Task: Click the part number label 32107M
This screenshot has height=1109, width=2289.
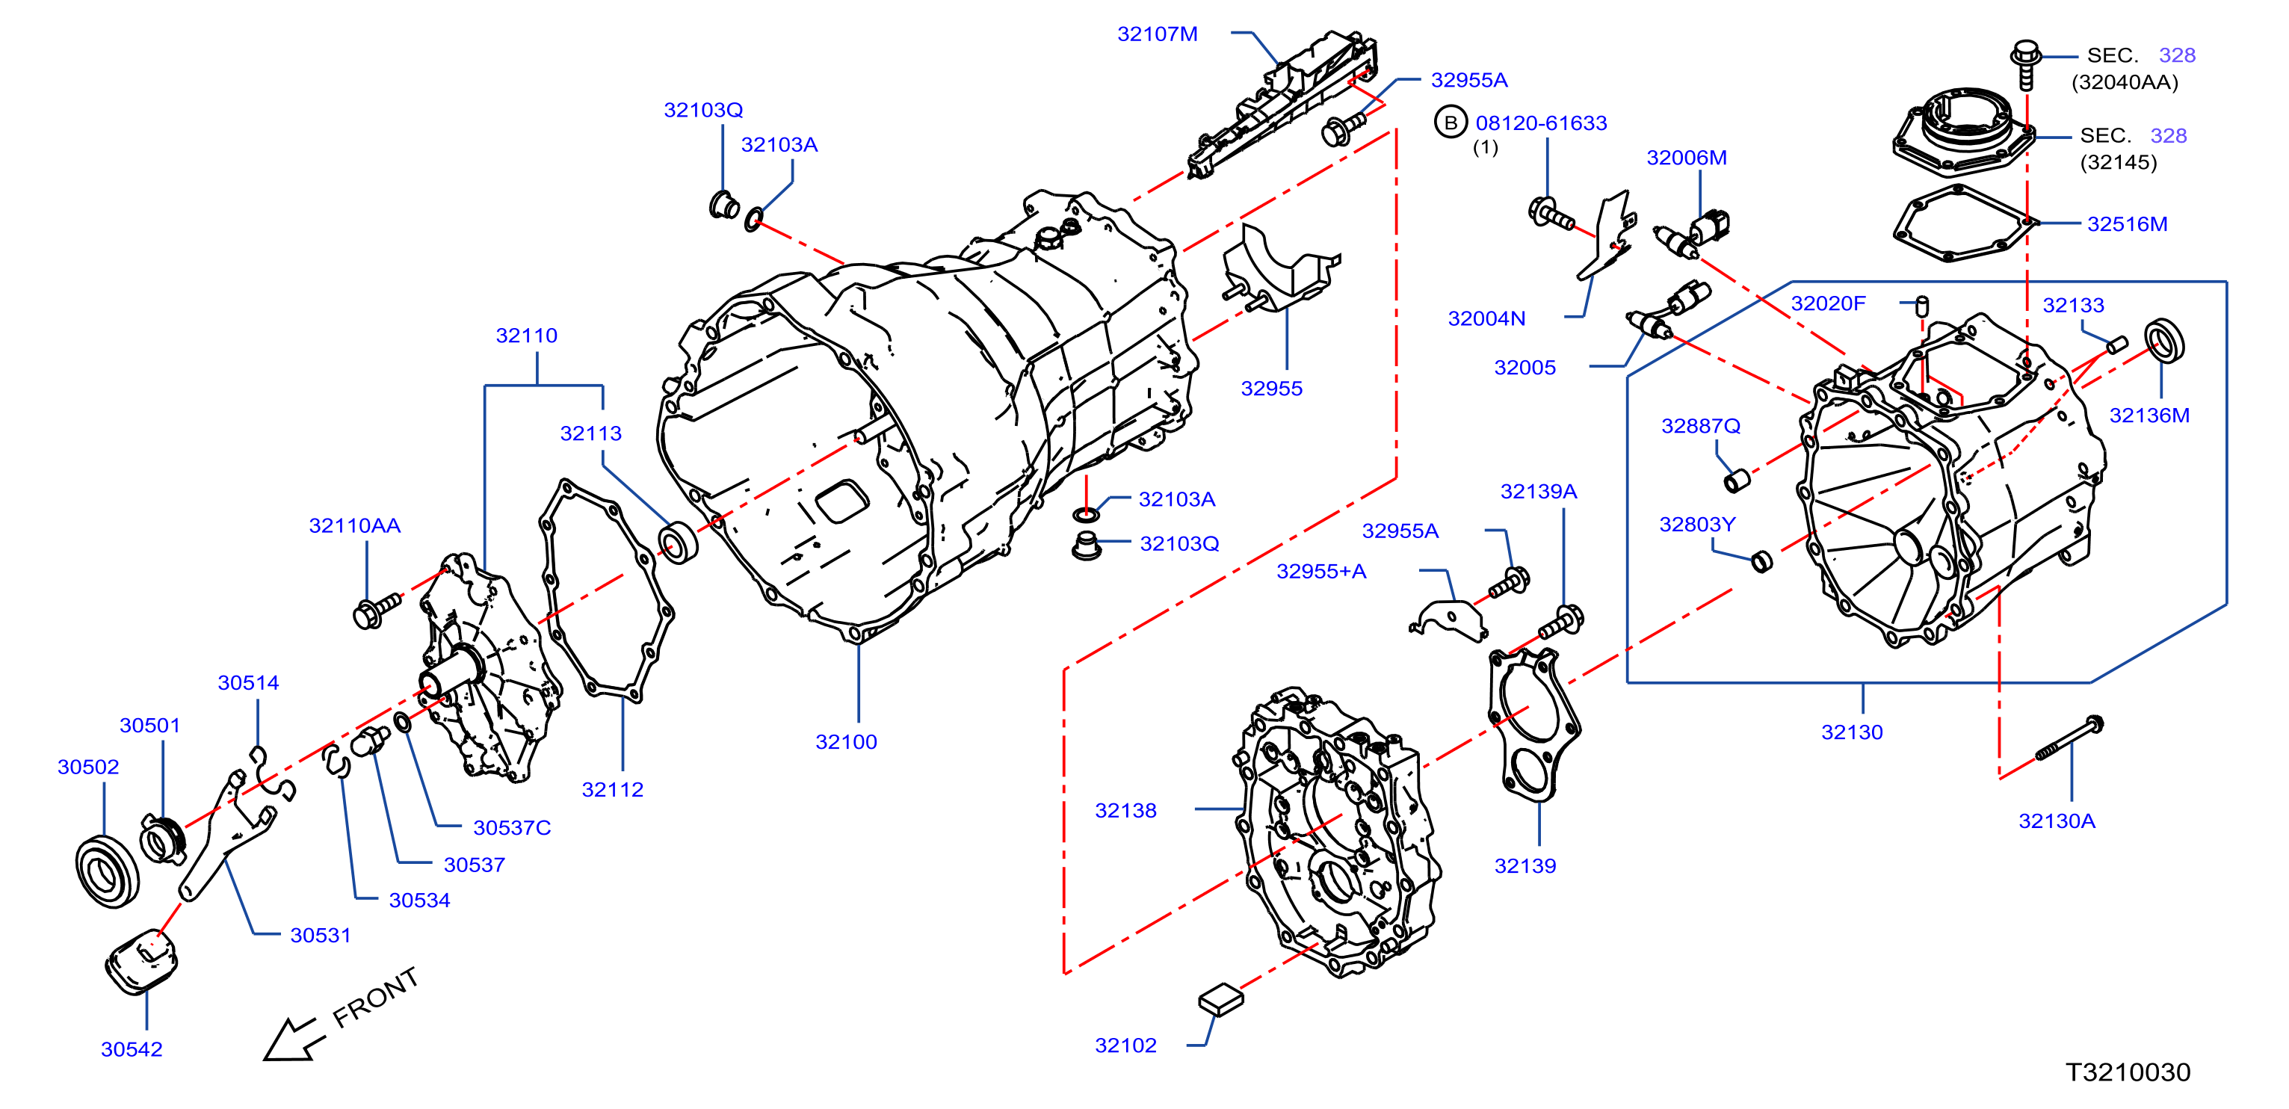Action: click(x=1157, y=34)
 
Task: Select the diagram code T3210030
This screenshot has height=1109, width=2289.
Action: click(x=2128, y=1072)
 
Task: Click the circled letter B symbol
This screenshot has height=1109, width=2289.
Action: click(x=1451, y=123)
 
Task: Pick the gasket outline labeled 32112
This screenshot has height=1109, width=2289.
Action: click(x=607, y=588)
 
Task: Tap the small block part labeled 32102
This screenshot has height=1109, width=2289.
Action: click(x=1221, y=999)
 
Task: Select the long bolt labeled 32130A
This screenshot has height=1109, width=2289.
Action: click(x=2069, y=738)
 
